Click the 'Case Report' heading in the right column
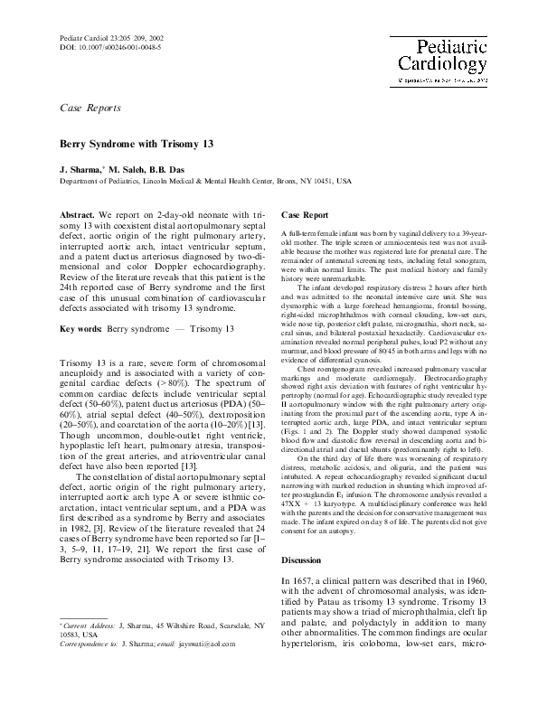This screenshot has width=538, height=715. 305,217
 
